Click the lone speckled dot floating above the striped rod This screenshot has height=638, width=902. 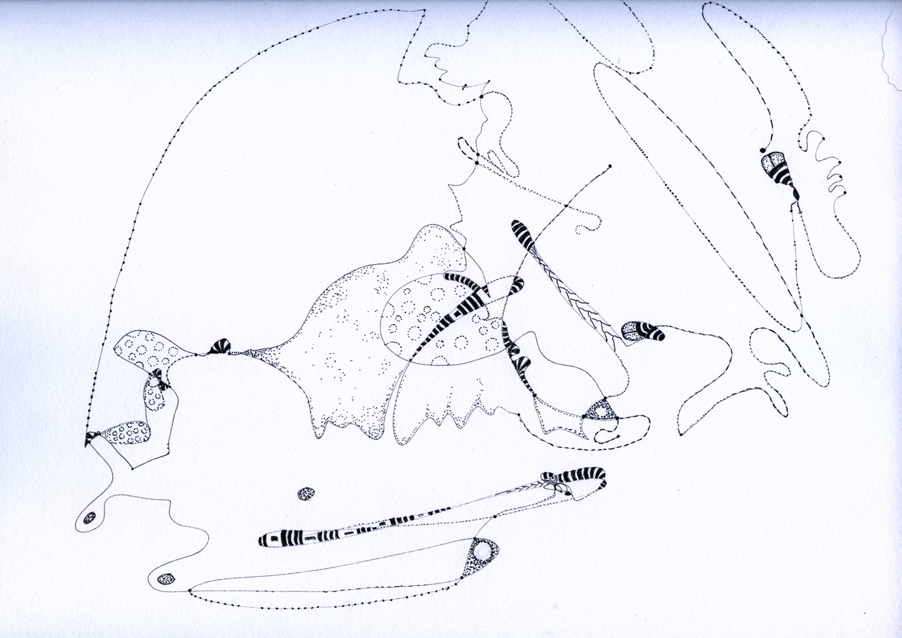pyautogui.click(x=306, y=493)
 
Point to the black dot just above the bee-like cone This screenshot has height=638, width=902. pyautogui.click(x=763, y=150)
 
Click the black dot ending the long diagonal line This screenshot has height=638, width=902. pyautogui.click(x=610, y=166)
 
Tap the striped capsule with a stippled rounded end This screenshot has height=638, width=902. pyautogui.click(x=643, y=331)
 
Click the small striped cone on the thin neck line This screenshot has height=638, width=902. pyautogui.click(x=219, y=347)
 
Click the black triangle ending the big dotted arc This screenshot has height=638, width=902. pyautogui.click(x=89, y=439)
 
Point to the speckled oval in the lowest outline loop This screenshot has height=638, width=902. pyautogui.click(x=166, y=578)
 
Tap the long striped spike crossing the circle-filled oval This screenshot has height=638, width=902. pyautogui.click(x=457, y=313)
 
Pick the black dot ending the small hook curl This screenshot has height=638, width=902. pyautogui.click(x=619, y=436)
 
